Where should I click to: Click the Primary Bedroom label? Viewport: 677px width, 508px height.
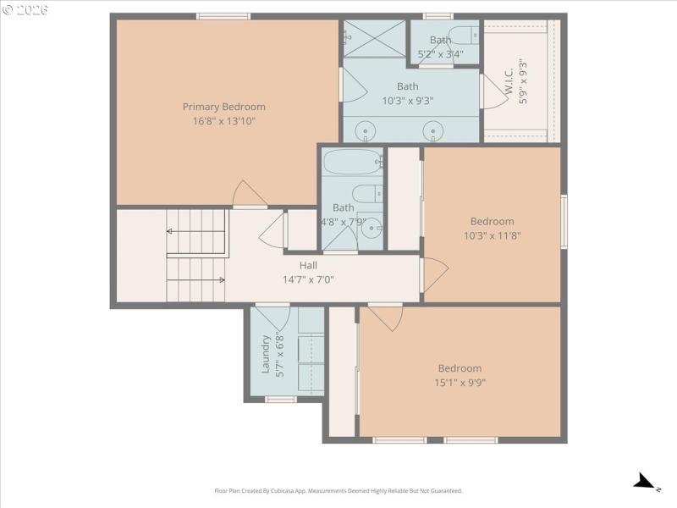point(223,107)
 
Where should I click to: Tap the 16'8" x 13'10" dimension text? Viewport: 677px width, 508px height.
point(223,121)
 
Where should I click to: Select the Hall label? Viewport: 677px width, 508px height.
point(308,265)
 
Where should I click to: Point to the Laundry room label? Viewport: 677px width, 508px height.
point(266,354)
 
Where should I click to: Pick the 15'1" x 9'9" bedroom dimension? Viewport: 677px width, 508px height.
point(460,382)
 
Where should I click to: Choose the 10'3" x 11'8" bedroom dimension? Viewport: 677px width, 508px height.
point(492,235)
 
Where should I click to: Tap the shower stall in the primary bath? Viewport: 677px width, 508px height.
point(373,37)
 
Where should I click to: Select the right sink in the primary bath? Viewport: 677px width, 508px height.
point(432,131)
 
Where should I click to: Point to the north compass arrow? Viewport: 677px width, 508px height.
point(646,482)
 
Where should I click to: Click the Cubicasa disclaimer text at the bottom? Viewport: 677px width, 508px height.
point(338,491)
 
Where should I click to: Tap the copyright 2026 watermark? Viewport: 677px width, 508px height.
point(25,9)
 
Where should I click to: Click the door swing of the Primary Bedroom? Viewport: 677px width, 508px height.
point(250,195)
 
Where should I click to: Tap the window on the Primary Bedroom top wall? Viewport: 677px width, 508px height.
point(223,16)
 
